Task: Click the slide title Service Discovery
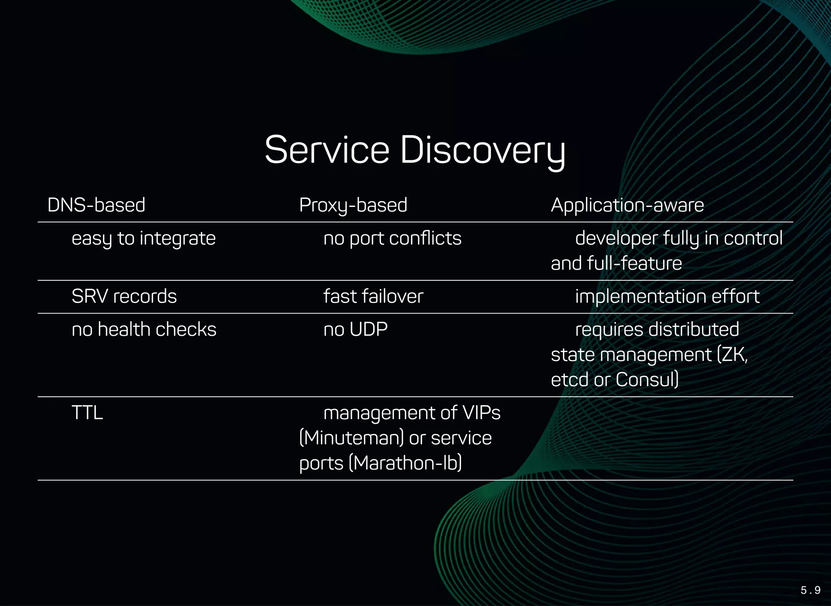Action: (x=415, y=150)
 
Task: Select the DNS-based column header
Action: (x=96, y=205)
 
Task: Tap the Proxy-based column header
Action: (x=353, y=205)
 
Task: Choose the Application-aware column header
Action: (x=627, y=205)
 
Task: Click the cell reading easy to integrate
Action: (x=144, y=239)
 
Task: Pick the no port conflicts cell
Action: (x=392, y=239)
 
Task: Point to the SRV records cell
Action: (x=124, y=297)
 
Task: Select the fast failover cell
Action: (x=373, y=297)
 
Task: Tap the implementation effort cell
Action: (x=667, y=297)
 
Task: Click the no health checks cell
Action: (x=144, y=329)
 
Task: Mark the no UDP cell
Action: (x=355, y=329)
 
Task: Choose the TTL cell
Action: (x=87, y=413)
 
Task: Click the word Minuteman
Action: (x=351, y=438)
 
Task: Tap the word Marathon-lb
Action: (x=406, y=463)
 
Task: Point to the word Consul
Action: (x=645, y=380)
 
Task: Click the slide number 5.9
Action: (x=810, y=590)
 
